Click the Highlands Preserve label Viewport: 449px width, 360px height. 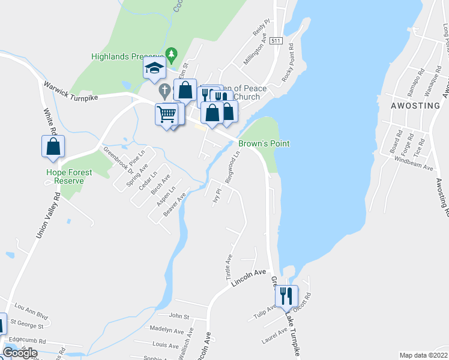[x=127, y=57]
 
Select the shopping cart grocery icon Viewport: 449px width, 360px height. [x=166, y=113]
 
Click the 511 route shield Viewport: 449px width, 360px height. [x=276, y=41]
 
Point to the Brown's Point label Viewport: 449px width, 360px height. [x=264, y=144]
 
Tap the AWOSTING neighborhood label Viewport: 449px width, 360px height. [x=415, y=106]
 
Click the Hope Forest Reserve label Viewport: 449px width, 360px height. [x=70, y=176]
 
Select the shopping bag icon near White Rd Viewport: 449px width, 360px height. [x=53, y=146]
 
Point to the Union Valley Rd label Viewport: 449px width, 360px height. [x=48, y=215]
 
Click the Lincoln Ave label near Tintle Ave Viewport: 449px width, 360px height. [x=248, y=280]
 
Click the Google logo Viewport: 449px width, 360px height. [x=20, y=353]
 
